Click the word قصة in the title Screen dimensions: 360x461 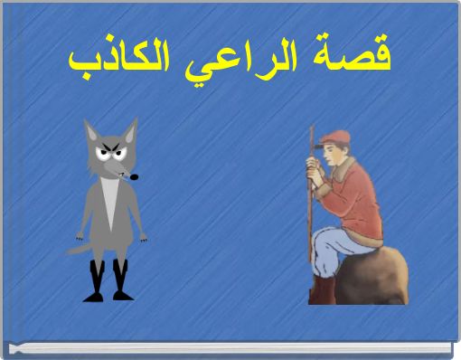tap(361, 57)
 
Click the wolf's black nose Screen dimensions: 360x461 tap(135, 176)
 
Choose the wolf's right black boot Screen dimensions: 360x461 tap(120, 281)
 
